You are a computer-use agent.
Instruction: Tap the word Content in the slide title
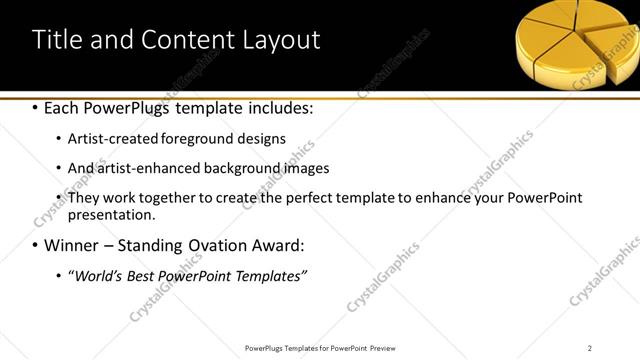pos(194,39)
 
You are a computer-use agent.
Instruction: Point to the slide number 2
pos(590,347)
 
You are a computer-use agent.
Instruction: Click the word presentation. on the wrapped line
pos(112,214)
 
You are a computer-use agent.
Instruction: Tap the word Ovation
pos(214,245)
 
